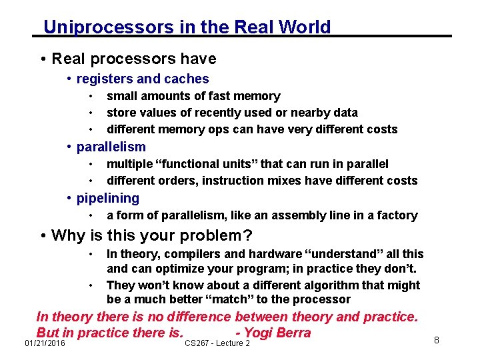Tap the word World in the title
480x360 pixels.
click(305, 27)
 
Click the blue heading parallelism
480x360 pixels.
click(111, 147)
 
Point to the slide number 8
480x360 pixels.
click(436, 341)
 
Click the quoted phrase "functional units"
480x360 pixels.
click(213, 164)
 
